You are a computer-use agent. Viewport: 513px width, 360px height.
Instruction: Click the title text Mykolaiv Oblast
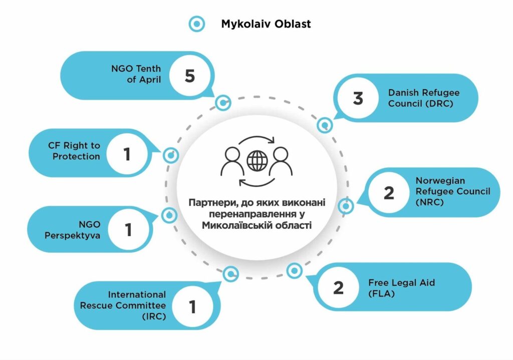click(266, 24)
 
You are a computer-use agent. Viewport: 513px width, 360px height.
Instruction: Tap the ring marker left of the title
click(197, 23)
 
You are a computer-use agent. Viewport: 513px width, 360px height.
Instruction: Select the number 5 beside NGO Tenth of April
click(189, 76)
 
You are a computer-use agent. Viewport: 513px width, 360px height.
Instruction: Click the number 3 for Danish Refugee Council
click(358, 98)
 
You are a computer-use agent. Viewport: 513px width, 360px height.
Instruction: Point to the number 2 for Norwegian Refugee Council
click(389, 193)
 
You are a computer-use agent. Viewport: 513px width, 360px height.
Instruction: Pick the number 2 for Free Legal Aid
click(339, 287)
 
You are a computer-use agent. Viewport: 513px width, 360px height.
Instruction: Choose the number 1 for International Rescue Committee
click(192, 306)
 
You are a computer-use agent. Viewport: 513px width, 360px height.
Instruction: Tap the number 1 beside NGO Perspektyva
click(128, 230)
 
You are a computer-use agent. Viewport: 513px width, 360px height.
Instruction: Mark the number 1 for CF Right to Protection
click(127, 154)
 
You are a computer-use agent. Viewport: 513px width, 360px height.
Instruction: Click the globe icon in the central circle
click(258, 160)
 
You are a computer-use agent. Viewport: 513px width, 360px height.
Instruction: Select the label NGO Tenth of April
click(136, 74)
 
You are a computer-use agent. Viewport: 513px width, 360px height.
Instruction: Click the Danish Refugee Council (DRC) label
click(424, 98)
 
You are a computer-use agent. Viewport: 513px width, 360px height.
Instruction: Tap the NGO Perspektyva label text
click(79, 229)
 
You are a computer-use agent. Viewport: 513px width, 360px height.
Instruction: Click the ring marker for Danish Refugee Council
click(325, 125)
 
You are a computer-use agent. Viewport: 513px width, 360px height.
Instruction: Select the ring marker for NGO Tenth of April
click(222, 103)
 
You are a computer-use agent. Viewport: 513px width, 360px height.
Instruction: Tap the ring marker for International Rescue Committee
click(230, 273)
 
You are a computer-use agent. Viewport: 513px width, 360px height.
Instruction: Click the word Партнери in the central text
click(209, 203)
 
